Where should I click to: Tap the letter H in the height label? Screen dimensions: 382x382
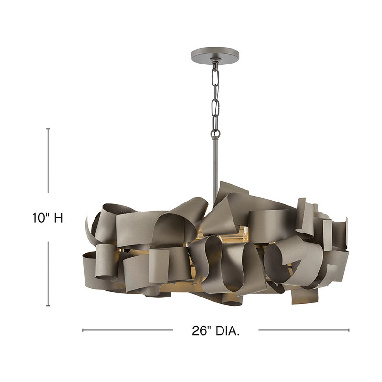point(58,218)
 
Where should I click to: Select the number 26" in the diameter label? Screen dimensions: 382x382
point(201,330)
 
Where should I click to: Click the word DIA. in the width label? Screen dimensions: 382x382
point(227,330)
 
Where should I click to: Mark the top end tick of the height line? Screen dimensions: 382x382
point(48,129)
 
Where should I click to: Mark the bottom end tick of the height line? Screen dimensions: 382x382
point(48,306)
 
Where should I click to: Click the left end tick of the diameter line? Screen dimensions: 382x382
point(83,329)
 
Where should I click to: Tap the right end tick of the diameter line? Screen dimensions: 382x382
point(349,329)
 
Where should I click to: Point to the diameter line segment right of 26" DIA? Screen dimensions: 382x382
point(304,329)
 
